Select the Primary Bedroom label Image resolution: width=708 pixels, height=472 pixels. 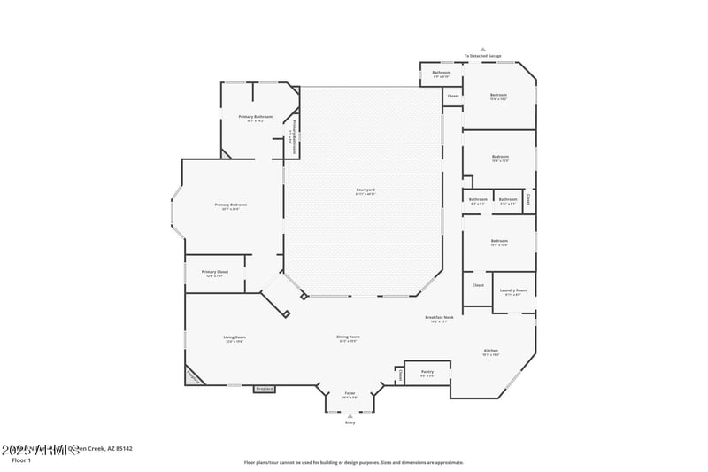230,205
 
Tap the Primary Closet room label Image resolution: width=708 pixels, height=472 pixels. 215,272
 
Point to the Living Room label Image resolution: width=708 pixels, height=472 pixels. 234,337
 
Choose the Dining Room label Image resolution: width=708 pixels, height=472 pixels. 348,337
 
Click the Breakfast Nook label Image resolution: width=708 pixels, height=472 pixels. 439,317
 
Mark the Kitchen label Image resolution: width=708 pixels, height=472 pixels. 491,351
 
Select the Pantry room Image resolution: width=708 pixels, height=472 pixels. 427,372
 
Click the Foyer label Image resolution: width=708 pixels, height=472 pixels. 350,394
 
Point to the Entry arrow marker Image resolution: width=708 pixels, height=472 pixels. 350,416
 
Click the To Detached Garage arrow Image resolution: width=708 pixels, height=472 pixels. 482,50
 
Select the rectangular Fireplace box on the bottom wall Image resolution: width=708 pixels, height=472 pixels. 264,388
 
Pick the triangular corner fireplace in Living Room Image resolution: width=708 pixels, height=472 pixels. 192,376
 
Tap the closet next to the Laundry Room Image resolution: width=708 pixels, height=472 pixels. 478,285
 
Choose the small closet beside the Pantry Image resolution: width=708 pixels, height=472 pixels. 399,375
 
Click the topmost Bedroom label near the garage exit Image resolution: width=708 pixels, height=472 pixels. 499,95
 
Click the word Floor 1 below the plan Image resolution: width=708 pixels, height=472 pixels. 21,460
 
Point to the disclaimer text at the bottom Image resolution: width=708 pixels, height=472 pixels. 353,462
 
